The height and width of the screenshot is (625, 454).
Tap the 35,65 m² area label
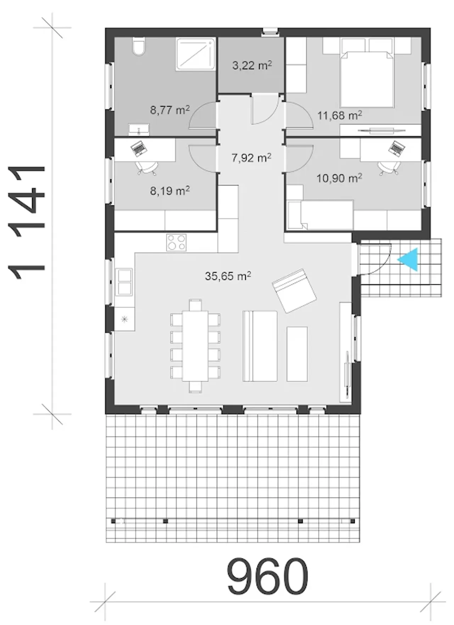(x=228, y=276)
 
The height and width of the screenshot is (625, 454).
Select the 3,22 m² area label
(x=252, y=65)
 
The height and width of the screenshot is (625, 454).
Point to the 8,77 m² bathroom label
(x=170, y=110)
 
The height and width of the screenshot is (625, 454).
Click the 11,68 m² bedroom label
(x=339, y=115)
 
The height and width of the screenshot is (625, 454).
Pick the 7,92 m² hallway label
(x=251, y=157)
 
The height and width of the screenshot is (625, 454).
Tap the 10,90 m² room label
(x=339, y=178)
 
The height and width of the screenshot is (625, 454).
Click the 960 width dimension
(x=267, y=576)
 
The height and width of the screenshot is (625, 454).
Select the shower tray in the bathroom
(x=195, y=54)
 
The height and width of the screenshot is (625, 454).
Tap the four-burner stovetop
(x=176, y=243)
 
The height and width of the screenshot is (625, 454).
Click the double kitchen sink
(x=124, y=282)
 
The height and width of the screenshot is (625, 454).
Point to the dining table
(x=195, y=346)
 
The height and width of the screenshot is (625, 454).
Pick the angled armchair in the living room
(x=294, y=291)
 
